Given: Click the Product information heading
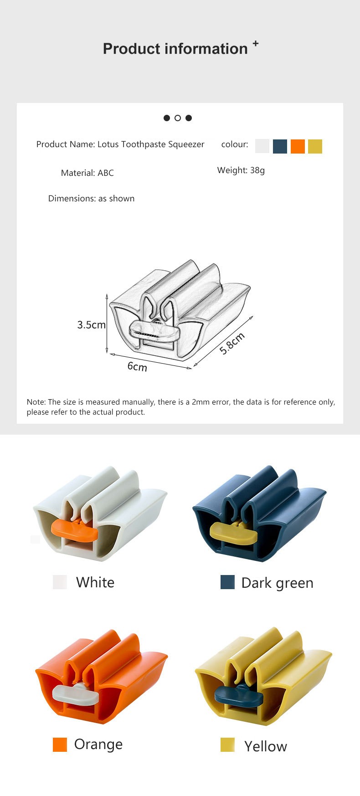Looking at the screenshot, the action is [175, 49].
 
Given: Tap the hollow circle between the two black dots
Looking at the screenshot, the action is [178, 118].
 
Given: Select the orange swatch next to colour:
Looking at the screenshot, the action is [298, 146].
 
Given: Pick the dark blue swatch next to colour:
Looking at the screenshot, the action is [280, 146].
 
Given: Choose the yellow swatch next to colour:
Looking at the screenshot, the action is [315, 146].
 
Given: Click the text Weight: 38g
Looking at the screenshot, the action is [241, 170].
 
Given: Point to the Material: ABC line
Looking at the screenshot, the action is [87, 173].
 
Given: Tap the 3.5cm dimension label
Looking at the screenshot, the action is [91, 325].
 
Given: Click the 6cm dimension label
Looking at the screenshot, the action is [137, 366].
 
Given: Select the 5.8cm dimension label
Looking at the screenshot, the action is [232, 344].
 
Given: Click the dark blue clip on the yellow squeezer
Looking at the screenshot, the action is [238, 696].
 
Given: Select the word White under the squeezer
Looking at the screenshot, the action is [95, 582].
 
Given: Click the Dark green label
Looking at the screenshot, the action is [278, 583].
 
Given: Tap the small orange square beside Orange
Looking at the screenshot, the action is [60, 745].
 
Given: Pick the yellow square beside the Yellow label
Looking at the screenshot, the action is [227, 745].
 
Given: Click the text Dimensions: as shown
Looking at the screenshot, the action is [91, 198].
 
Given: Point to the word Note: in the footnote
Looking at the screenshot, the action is [36, 402].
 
